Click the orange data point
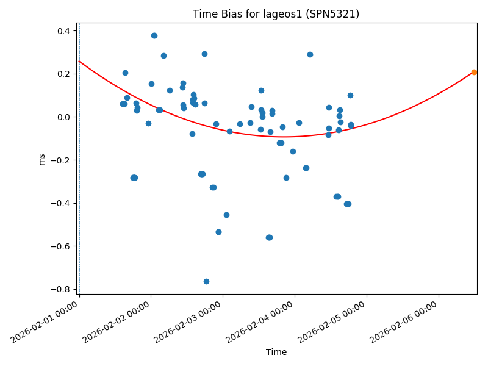point(474,72)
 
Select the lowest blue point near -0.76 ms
point(206,281)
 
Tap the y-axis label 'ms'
point(42,159)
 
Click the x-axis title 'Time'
point(276,352)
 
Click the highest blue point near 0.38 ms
point(154,35)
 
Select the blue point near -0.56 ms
point(269,237)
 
